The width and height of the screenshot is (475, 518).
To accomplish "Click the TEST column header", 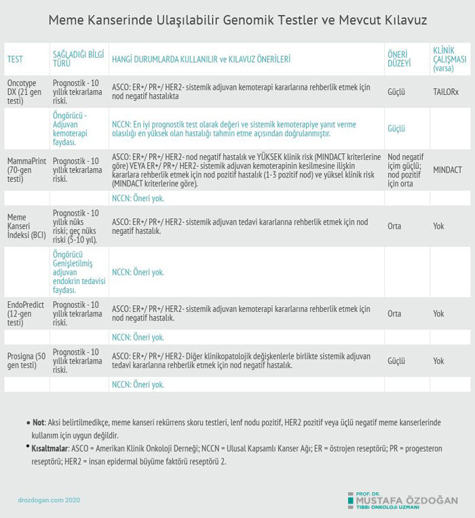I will [15, 59].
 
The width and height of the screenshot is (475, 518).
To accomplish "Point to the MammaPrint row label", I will [26, 165].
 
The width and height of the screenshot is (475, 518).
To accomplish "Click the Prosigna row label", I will [26, 361].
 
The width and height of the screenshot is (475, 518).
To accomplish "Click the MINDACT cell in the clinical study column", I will [447, 169].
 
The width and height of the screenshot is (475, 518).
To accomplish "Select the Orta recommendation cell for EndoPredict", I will [394, 314].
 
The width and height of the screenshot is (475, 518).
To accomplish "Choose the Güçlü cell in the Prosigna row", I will [396, 361].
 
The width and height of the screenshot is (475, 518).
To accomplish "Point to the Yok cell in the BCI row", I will [438, 226].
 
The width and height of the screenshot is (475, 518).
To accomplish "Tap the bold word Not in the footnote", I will [38, 422].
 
